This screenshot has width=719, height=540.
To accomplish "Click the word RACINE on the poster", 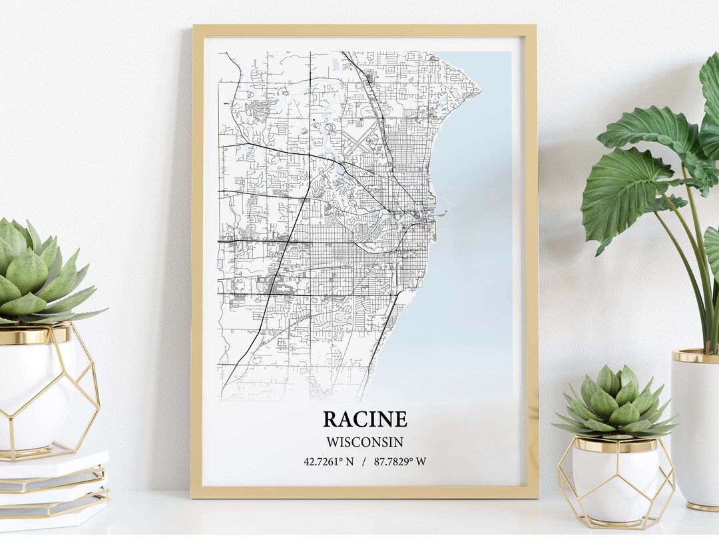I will click(365, 419).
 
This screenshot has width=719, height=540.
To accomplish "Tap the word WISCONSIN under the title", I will click(364, 441).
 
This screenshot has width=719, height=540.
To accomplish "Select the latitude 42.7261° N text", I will click(328, 461).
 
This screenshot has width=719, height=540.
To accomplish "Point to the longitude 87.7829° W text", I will click(400, 461).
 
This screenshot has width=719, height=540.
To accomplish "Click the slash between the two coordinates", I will click(363, 461).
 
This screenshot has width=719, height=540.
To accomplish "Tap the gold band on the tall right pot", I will click(696, 356).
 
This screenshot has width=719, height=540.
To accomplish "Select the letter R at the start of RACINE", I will click(331, 419).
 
